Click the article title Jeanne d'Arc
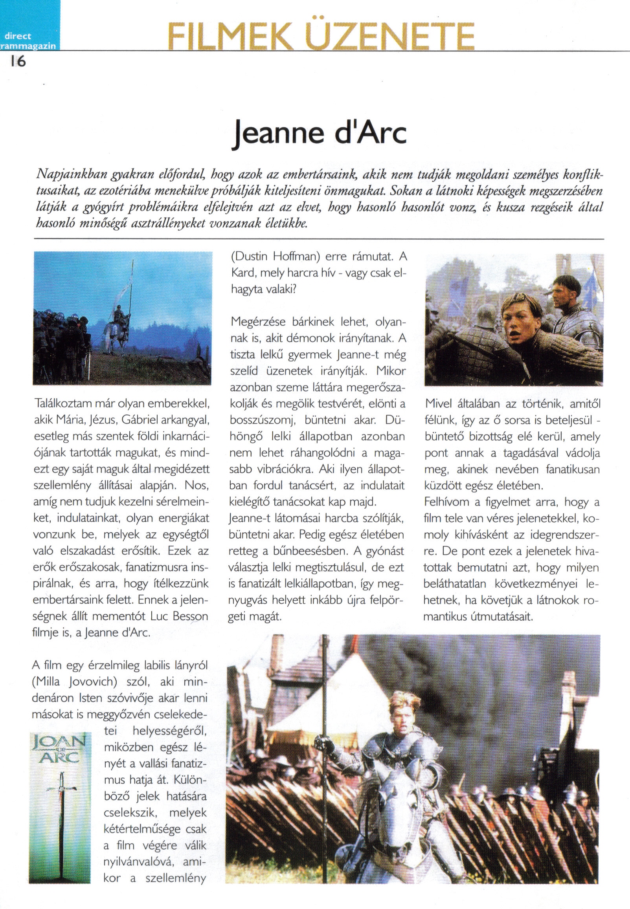[x=319, y=133]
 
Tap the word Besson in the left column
[x=188, y=616]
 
